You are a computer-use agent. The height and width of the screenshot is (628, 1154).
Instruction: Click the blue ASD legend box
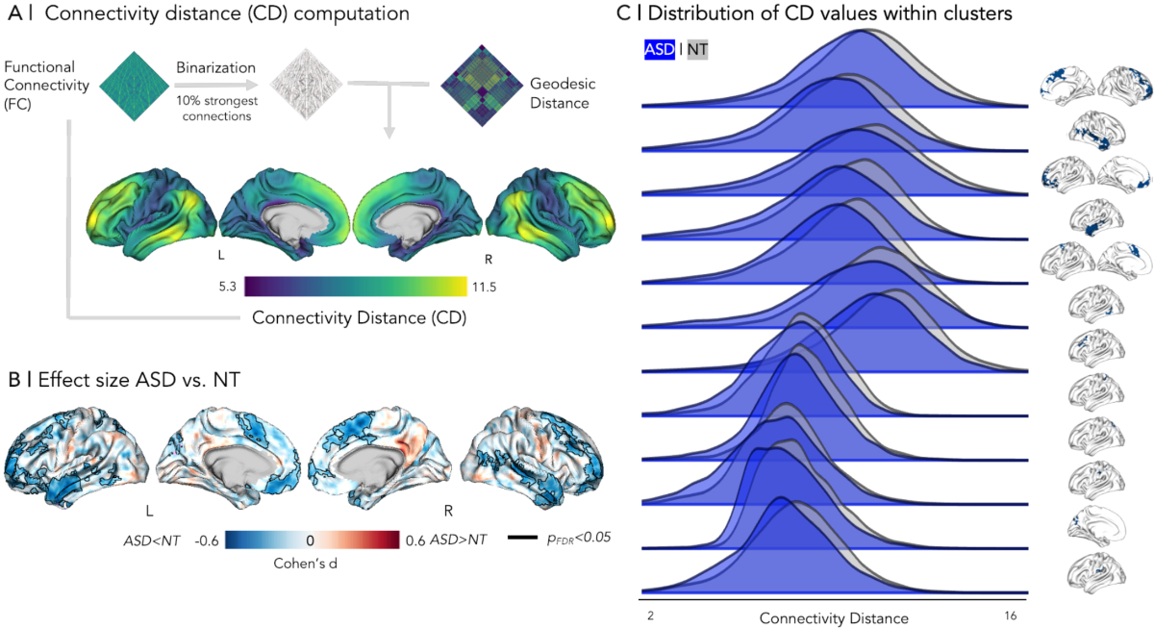pyautogui.click(x=659, y=49)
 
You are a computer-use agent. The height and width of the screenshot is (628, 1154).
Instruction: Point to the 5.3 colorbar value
pyautogui.click(x=229, y=287)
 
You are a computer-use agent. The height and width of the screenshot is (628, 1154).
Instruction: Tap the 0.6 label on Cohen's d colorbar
pyautogui.click(x=414, y=540)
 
